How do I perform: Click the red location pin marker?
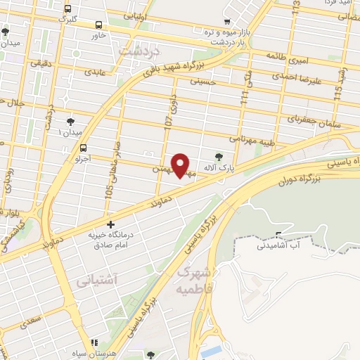pyautogui.click(x=181, y=165)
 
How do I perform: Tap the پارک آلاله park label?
pyautogui.click(x=213, y=169)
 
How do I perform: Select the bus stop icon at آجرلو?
pyautogui.click(x=84, y=148)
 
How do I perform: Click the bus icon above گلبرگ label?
pyautogui.click(x=67, y=9)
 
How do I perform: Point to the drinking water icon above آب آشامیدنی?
pyautogui.click(x=280, y=235)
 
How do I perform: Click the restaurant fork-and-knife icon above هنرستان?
pyautogui.click(x=95, y=342)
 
